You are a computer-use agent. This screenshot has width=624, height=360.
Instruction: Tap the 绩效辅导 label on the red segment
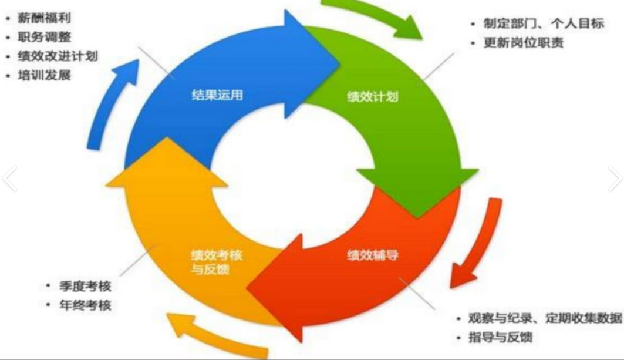[373, 256]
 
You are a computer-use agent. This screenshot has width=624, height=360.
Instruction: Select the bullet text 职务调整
[45, 38]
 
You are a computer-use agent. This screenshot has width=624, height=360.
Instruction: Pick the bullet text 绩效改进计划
[58, 56]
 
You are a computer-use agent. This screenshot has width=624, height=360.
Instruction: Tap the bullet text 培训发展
[45, 75]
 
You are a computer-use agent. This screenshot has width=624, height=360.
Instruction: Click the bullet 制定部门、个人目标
[544, 25]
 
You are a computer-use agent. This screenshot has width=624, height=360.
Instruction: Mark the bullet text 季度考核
[85, 287]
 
